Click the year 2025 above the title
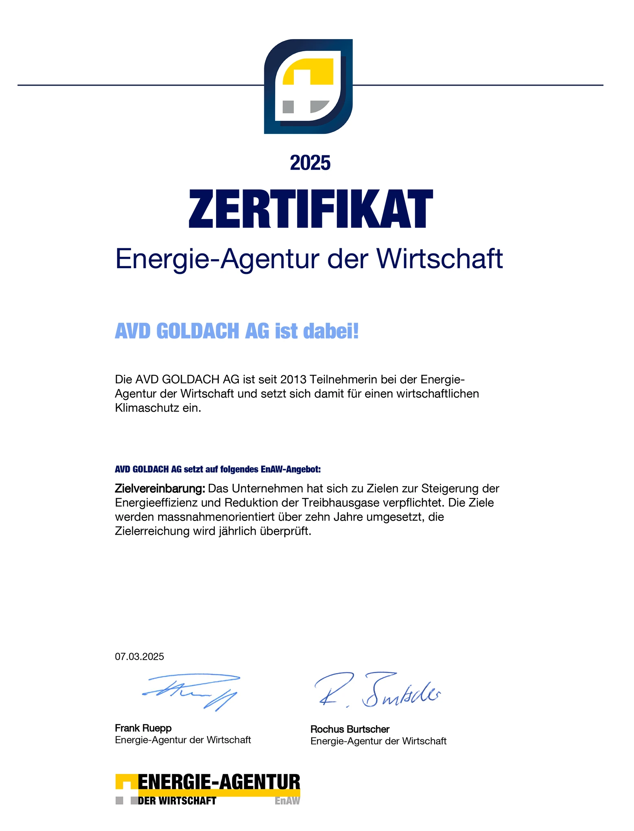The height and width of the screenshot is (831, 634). coord(310,163)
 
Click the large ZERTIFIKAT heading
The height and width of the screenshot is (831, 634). coord(311,208)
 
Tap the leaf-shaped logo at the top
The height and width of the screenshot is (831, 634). coord(308,86)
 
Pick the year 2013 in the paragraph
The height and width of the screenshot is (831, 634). coord(293,379)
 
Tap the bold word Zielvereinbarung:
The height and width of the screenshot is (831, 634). coord(160,488)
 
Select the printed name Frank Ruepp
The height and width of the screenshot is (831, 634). coord(143,728)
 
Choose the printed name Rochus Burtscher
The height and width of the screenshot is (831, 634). coord(350,729)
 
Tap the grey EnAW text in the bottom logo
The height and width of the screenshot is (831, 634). coord(287,801)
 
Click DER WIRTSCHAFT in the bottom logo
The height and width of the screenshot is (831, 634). coord(177,801)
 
